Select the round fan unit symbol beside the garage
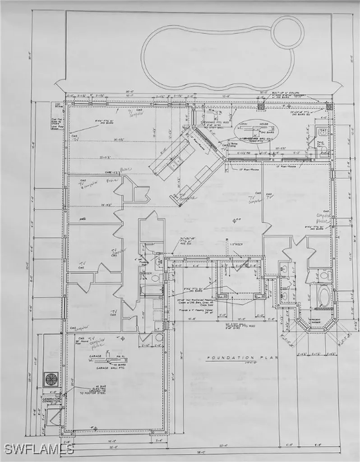tap(50, 377)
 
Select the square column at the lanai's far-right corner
tap(329, 107)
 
